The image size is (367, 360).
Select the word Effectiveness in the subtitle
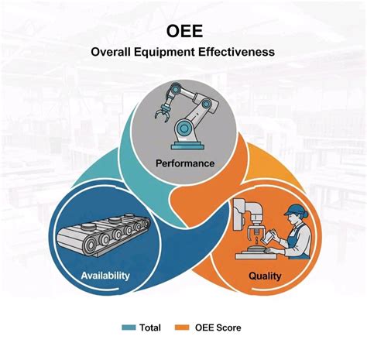[x=241, y=53]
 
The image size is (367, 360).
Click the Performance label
[x=184, y=163]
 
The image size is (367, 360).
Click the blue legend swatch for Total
[x=129, y=327]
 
